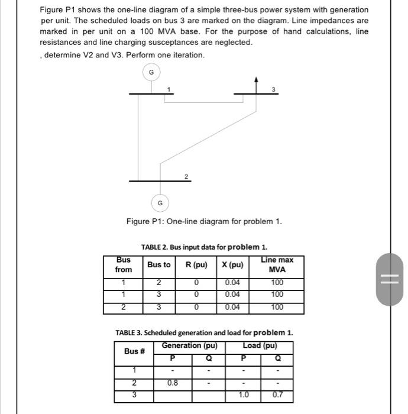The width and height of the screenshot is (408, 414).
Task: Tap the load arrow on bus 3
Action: point(257,82)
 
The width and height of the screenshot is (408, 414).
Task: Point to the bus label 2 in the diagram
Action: point(186,176)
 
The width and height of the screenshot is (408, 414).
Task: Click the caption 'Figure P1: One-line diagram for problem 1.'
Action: point(204,222)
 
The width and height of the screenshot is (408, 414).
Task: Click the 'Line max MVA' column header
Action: point(277,265)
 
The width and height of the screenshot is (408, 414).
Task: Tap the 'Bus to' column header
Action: point(158,265)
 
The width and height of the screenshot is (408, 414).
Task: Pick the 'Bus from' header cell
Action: point(124,265)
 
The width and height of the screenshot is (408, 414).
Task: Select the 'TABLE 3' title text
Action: point(204,332)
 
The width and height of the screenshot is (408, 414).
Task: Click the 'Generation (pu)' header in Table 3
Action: point(190,345)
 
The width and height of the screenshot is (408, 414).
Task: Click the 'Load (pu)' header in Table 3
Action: point(260,345)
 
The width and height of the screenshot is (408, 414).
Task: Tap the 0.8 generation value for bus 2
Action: point(172,383)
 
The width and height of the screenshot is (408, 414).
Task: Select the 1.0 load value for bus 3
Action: point(243,394)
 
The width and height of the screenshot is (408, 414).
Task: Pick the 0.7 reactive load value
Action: point(278,394)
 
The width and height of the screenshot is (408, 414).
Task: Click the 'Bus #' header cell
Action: point(134,351)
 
